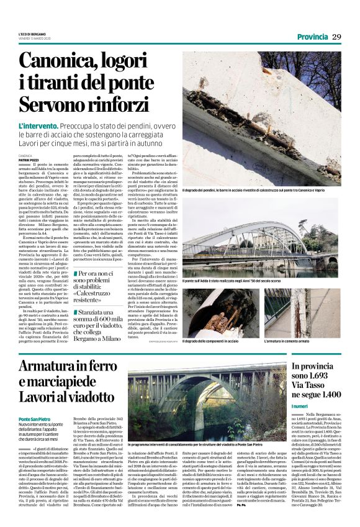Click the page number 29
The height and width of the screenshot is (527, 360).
[336, 37]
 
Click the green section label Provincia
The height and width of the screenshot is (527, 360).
[312, 37]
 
